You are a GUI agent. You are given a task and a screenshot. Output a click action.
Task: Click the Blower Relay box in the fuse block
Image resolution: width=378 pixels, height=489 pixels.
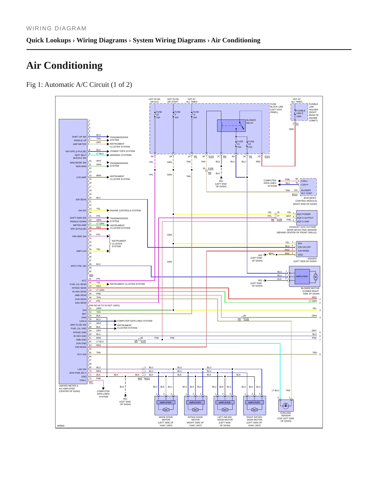[231, 126]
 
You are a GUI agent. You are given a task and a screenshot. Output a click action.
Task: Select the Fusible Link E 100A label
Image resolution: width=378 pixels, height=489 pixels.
[301, 113]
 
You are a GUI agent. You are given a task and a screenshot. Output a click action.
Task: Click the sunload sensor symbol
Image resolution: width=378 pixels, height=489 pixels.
[286, 406]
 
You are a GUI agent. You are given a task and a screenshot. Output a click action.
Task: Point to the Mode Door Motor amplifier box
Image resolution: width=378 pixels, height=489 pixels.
[166, 402]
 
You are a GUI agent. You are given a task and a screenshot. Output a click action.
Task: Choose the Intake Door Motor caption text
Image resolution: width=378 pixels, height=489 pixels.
[195, 421]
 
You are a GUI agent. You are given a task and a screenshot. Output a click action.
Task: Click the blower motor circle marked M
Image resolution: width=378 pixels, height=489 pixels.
[315, 277]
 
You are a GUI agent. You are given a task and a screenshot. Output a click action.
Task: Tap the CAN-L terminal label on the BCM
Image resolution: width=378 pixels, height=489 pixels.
[304, 181]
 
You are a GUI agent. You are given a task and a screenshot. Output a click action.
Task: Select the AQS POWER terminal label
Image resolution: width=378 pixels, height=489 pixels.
[304, 214]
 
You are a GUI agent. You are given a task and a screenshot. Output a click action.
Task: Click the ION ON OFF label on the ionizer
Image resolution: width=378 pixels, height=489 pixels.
[304, 247]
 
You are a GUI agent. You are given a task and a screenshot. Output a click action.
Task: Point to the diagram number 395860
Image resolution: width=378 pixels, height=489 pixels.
[61, 426]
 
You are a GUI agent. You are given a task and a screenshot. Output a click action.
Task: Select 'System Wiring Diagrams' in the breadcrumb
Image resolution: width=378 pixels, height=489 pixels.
[169, 40]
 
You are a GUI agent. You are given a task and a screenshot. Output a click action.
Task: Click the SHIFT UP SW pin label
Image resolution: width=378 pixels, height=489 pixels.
[79, 137]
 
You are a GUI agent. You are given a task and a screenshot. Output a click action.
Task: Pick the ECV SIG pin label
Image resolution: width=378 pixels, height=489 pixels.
[82, 354]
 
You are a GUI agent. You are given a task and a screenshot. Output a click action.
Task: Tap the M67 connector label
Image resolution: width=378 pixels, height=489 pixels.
[91, 382]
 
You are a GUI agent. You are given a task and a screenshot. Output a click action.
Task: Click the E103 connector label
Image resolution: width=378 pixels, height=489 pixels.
[211, 157]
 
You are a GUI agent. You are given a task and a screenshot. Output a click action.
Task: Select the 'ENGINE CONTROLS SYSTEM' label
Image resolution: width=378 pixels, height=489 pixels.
[125, 211]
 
